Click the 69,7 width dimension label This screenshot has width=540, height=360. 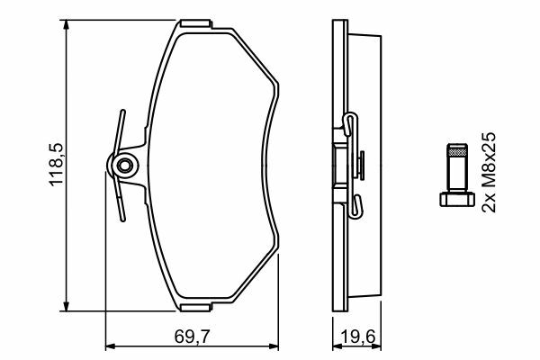tap(192, 337)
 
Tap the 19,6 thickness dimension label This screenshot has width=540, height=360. tap(357, 337)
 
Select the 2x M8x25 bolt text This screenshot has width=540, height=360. tap(489, 172)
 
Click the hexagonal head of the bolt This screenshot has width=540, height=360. tap(457, 200)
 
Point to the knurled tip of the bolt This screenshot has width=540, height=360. tap(457, 150)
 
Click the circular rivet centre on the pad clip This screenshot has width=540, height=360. tap(124, 166)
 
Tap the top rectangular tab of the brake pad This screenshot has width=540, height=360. tap(195, 23)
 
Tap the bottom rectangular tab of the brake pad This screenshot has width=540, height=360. tap(195, 307)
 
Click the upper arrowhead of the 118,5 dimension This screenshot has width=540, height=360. tap(66, 25)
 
